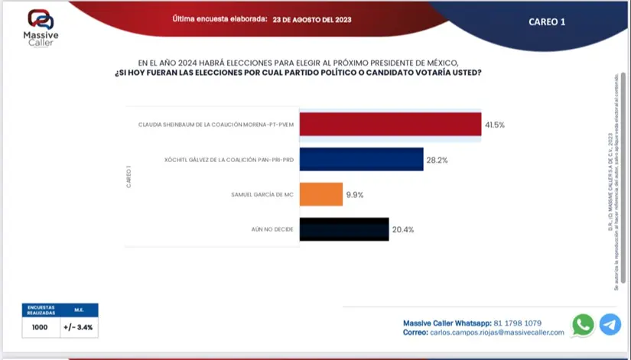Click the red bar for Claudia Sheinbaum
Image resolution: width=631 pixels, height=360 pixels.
(x=390, y=124)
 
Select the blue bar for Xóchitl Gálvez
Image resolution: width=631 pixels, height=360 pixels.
(x=361, y=160)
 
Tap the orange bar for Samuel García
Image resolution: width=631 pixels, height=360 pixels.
(x=320, y=195)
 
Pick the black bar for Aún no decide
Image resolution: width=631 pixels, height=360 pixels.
(x=344, y=229)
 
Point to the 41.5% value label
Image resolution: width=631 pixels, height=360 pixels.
(x=495, y=124)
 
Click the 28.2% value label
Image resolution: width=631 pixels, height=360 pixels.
(x=437, y=160)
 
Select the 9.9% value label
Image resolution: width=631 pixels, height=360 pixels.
(x=355, y=195)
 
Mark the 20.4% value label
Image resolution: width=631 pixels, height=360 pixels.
(x=402, y=229)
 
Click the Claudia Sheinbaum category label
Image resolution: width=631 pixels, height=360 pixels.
(x=216, y=124)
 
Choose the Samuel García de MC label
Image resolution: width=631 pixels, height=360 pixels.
(x=262, y=195)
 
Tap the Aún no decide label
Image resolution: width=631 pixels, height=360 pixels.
(x=274, y=229)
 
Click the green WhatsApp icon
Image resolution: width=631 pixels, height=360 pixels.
(x=583, y=325)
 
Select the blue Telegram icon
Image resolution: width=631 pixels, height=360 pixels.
(x=610, y=325)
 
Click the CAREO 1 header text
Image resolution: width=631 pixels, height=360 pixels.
(x=547, y=22)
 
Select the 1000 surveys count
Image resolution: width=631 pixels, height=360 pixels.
(x=40, y=328)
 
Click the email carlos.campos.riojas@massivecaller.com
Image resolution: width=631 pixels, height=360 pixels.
(x=502, y=332)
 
